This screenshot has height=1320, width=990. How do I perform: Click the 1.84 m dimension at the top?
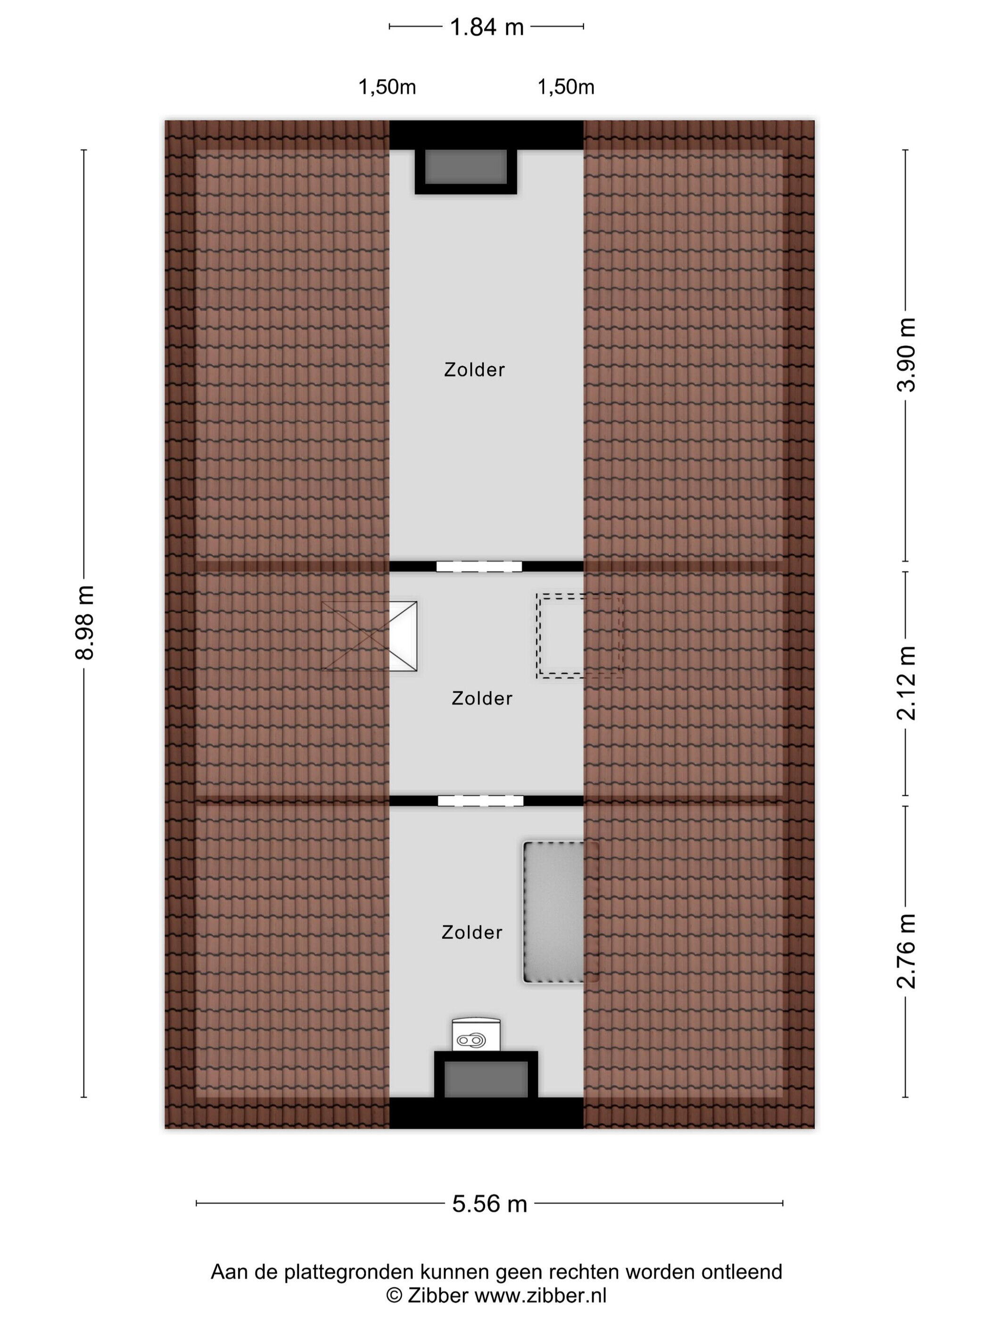(x=487, y=27)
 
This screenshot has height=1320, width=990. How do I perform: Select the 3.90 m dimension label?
(x=906, y=355)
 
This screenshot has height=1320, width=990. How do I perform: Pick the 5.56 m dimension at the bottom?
(x=489, y=1204)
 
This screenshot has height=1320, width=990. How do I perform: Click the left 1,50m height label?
(x=387, y=87)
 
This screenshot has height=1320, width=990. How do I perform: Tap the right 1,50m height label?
(x=566, y=87)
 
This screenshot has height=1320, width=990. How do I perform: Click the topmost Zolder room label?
(x=474, y=370)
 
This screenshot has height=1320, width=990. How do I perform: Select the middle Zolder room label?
(x=482, y=698)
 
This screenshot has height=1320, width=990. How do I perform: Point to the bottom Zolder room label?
(x=472, y=932)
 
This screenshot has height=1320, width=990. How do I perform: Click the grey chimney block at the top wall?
(x=465, y=167)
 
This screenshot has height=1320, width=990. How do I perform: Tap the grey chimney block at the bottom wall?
(x=486, y=1080)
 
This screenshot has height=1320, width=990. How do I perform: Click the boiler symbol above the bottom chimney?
(x=476, y=1034)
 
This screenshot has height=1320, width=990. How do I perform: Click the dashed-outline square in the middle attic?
(x=579, y=635)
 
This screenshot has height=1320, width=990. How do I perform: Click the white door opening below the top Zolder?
(x=478, y=566)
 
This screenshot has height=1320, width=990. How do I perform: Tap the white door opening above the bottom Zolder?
(x=480, y=801)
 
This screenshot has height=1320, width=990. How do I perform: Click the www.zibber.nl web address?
(x=541, y=1295)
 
